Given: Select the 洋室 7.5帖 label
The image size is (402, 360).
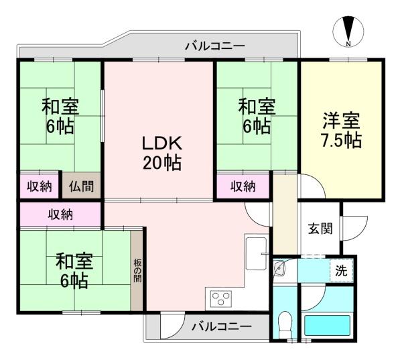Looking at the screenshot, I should point(341,131).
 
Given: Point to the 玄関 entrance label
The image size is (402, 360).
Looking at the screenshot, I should point(320,229).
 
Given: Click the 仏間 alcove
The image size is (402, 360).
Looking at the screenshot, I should point(81,186).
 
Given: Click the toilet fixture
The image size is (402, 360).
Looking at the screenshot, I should point(284,324).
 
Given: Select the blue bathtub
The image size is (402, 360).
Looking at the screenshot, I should point(328,326).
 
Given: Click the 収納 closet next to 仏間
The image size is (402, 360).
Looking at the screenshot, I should point(40,186).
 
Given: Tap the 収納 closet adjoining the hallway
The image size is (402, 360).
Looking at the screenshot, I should point(243,186).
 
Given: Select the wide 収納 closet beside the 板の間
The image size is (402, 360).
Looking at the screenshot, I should point(60,215).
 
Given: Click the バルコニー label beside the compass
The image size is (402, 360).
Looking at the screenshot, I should point(214,46).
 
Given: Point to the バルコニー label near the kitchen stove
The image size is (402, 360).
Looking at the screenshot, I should point(221,326).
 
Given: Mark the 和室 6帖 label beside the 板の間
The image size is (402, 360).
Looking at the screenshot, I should point(71,270).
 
